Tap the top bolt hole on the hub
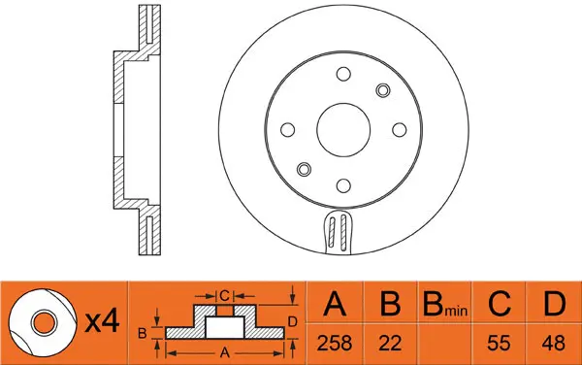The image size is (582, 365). [x=343, y=75]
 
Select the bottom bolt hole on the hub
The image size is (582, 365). [x=343, y=184]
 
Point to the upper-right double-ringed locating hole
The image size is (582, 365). [x=382, y=90]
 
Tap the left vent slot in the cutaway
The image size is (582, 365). [x=332, y=234]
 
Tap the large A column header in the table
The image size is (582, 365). [x=336, y=306]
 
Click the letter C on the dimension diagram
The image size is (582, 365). [x=222, y=293]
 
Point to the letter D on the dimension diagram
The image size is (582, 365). [x=293, y=320]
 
